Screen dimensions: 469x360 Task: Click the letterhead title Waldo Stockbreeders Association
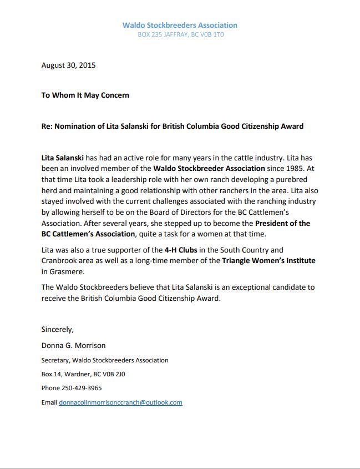[x=180, y=25]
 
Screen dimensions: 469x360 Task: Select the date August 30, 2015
[x=68, y=65]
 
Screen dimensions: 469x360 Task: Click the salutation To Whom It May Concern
[x=85, y=95]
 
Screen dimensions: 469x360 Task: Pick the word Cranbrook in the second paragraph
[x=60, y=260]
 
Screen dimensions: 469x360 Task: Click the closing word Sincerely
[x=57, y=329]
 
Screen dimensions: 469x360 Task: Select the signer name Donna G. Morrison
[x=73, y=345]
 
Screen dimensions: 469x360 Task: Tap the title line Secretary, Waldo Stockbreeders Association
[x=105, y=360]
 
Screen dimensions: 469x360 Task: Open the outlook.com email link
[x=120, y=402]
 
